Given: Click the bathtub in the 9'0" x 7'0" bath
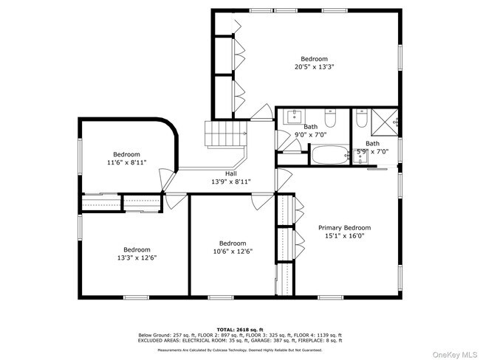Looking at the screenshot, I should (x=326, y=156).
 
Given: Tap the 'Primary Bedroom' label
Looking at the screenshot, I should (x=344, y=228).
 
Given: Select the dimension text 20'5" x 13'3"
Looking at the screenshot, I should (x=314, y=66).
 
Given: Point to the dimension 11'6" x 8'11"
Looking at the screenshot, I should (x=126, y=162).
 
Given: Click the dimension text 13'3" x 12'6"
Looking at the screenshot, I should (x=137, y=257).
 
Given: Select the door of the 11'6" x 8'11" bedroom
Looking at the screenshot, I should (x=167, y=179).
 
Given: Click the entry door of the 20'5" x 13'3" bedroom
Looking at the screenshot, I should (x=260, y=114).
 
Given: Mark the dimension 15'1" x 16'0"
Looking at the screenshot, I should (x=344, y=236).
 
